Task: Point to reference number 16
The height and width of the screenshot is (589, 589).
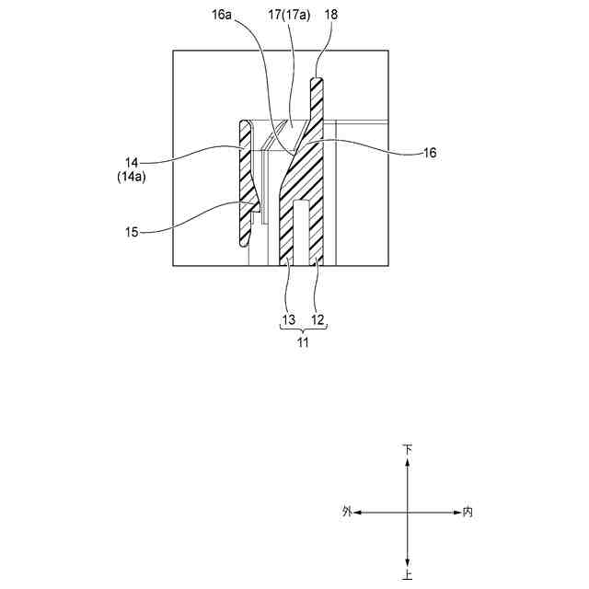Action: coord(428,155)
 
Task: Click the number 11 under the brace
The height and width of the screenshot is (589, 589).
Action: coord(302,342)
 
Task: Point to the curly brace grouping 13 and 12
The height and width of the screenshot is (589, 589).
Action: coord(303,329)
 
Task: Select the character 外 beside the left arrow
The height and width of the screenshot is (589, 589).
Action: coord(346,512)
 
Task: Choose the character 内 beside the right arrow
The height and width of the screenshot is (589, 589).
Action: coord(468,512)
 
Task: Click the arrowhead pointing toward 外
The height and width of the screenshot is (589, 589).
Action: coord(359,512)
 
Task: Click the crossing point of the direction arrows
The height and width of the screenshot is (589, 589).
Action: coord(407,512)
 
